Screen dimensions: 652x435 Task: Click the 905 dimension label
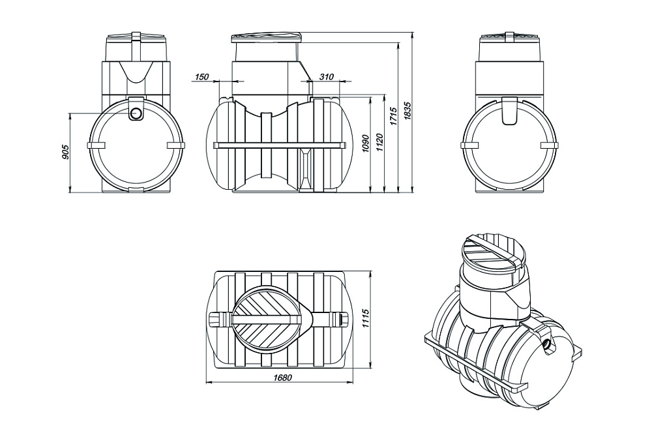pos(65,153)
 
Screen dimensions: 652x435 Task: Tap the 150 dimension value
pos(201,76)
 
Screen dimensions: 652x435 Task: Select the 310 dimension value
pos(327,76)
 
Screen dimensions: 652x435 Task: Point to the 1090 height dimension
pos(366,143)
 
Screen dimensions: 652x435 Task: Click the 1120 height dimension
pos(380,143)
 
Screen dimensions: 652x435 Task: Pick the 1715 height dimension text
pos(394,116)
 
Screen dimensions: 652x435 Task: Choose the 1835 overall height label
pos(407,111)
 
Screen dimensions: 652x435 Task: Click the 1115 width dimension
pos(366,318)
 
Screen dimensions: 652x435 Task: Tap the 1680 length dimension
pos(282,378)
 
